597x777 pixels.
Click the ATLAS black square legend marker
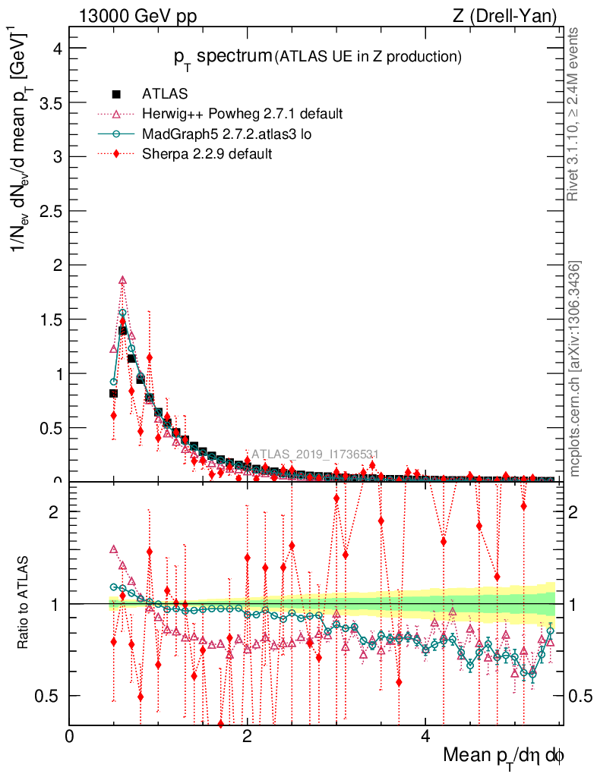pyautogui.click(x=117, y=94)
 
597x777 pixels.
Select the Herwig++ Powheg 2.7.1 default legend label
pyautogui.click(x=242, y=114)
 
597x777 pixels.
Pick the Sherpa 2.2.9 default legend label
pyautogui.click(x=207, y=153)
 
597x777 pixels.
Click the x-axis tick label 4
pyautogui.click(x=425, y=735)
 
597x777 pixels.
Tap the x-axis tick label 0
pyautogui.click(x=70, y=735)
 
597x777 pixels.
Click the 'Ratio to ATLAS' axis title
pyautogui.click(x=24, y=603)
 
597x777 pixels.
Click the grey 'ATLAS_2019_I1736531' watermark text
pyautogui.click(x=314, y=455)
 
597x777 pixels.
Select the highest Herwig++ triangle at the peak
pyautogui.click(x=123, y=280)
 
